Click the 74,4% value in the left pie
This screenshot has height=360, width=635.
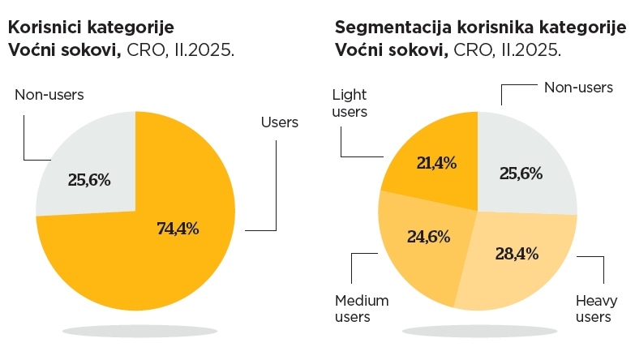click(x=178, y=228)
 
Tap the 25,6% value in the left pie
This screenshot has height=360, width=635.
click(x=88, y=179)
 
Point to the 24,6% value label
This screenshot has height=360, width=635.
click(x=427, y=238)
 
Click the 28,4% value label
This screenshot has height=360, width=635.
click(x=517, y=254)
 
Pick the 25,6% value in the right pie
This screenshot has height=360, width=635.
click(x=521, y=173)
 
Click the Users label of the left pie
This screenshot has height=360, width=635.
click(x=280, y=122)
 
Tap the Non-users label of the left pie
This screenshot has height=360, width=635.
click(x=49, y=95)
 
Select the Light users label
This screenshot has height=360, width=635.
click(x=350, y=103)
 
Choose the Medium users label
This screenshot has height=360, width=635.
click(x=362, y=308)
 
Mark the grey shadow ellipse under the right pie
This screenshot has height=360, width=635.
click(x=478, y=331)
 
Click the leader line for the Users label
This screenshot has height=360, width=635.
click(x=277, y=195)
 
